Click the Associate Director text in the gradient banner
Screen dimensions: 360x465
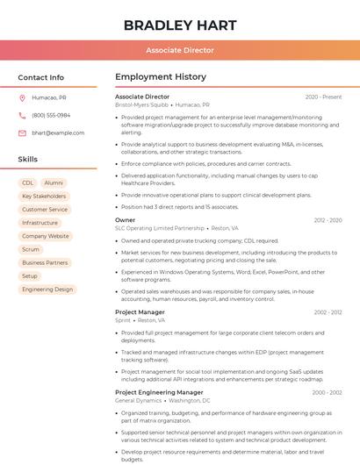179,51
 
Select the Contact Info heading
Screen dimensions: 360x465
40,77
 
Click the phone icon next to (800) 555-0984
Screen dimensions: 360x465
22,115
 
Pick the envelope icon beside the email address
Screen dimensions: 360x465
22,132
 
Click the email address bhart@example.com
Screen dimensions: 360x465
58,132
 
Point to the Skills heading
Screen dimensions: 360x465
27,159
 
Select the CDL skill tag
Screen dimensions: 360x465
28,182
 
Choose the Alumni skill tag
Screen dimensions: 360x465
54,182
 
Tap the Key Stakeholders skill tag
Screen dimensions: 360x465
44,197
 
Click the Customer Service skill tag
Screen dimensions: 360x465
45,210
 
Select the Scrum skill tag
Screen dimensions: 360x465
31,249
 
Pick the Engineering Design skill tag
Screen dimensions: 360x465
47,289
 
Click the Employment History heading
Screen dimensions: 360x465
161,77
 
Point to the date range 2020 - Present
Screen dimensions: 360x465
323,97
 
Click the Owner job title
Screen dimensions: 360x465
125,219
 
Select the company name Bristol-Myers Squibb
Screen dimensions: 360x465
141,104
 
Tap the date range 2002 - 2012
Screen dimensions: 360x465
328,311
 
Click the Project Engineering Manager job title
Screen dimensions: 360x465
159,392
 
